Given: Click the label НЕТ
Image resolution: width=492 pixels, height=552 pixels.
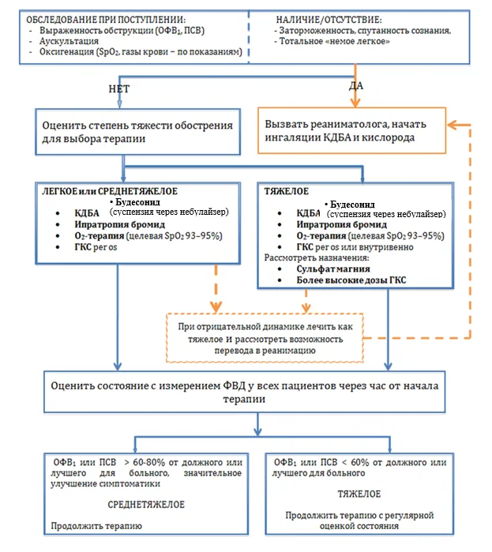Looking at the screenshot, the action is point(119,89).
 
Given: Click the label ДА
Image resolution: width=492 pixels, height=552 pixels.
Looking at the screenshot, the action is point(356,86).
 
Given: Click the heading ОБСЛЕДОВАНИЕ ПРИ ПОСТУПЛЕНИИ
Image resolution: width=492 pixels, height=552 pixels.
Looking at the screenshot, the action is point(106,20).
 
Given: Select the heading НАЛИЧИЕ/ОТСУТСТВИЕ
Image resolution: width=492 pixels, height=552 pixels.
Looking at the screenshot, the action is point(329,20).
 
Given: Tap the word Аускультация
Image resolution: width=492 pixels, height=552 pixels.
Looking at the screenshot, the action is point(69,41).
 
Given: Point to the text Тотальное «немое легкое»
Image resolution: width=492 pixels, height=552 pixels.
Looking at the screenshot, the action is point(334,41).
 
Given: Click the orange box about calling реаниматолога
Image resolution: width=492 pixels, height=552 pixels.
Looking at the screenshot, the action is point(352,130).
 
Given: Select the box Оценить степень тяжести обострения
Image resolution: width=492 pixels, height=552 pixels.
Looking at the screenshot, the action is point(137,132).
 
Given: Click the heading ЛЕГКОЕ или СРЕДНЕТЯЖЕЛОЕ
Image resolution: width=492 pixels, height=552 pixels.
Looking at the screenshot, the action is point(110,191).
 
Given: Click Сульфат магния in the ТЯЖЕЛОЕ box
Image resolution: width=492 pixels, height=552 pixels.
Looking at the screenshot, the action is point(333,269).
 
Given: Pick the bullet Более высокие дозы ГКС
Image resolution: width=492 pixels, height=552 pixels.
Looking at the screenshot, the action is point(351,280).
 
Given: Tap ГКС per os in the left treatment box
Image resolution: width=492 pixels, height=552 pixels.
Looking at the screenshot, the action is point(96,247).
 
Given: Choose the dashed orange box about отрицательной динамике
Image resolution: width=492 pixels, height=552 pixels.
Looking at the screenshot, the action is point(265,338).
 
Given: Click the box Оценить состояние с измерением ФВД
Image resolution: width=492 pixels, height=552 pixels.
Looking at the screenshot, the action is point(245,392).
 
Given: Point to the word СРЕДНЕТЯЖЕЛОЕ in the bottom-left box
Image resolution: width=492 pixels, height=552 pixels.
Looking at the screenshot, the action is point(146,505).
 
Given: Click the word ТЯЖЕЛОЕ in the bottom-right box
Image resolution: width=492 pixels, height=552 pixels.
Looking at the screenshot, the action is point(359,494).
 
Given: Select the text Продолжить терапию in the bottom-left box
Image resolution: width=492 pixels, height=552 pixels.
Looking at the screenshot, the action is point(96,526).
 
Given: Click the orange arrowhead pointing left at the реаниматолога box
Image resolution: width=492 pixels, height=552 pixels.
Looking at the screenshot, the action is point(453,125).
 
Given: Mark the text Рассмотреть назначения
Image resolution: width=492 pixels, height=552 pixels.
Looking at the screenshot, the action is point(317,257).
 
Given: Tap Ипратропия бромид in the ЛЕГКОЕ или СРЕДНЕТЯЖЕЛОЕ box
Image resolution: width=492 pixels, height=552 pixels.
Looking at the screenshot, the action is point(120,224).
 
